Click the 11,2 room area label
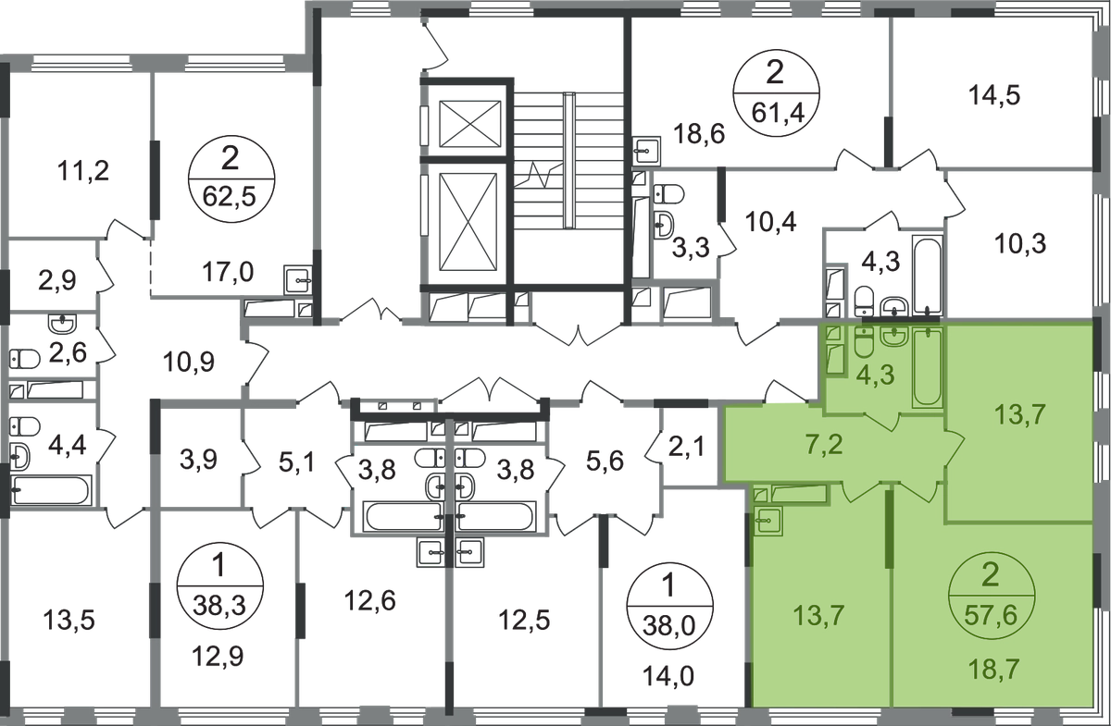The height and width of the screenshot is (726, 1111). pos(83,171)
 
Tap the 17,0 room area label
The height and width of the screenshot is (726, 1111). pos(228,272)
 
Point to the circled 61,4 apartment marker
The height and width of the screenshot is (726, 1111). pos(776,92)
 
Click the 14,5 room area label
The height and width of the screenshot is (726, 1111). pos(994,95)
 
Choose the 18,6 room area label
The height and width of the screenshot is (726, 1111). pos(699,134)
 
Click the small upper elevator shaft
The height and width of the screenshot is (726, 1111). pos(469,124)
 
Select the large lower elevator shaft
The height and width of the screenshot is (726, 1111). pos(468,222)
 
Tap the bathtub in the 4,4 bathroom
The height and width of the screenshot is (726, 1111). pos(52,490)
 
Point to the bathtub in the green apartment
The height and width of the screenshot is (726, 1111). pos(928,367)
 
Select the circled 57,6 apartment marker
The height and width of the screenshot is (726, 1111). pos(991,596)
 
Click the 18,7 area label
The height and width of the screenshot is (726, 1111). pos(994,669)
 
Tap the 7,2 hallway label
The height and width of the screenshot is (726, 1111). pos(824,445)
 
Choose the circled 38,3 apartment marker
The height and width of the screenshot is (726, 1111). pos(219,584)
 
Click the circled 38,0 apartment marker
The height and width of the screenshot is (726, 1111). pos(669,605)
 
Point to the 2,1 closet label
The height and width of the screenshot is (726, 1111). pos(686,448)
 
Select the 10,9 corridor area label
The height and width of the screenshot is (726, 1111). pos(189,363)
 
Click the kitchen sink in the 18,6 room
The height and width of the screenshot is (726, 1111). pos(647,151)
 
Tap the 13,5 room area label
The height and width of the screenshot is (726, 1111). pos(69,620)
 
